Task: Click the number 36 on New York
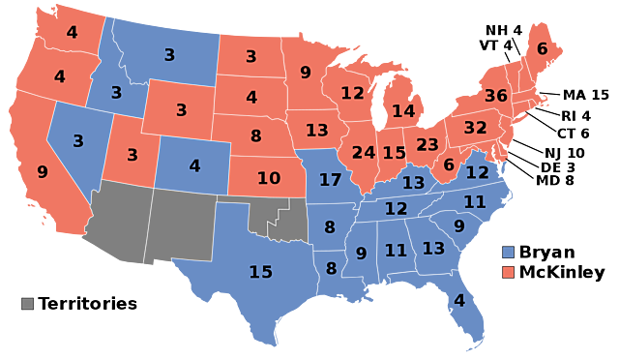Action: click(x=495, y=96)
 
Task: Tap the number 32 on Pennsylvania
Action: click(x=475, y=128)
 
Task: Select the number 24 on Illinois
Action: click(x=364, y=152)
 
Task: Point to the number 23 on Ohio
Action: click(x=427, y=144)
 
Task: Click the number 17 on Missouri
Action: click(x=330, y=179)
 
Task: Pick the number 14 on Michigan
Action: click(x=403, y=111)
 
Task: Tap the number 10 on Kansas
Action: click(x=268, y=178)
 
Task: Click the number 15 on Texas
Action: click(x=261, y=272)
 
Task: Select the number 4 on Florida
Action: click(x=459, y=300)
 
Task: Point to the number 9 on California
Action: click(x=43, y=171)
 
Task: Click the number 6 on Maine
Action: click(x=542, y=48)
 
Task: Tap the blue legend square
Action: click(x=508, y=252)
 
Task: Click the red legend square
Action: click(x=508, y=272)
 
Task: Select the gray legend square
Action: click(x=27, y=303)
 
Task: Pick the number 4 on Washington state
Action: click(x=72, y=32)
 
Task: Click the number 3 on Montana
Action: click(x=169, y=55)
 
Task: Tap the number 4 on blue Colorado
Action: click(x=194, y=165)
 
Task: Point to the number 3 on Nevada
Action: click(x=78, y=140)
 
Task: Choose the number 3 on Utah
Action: click(x=133, y=154)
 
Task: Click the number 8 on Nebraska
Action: click(x=255, y=135)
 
